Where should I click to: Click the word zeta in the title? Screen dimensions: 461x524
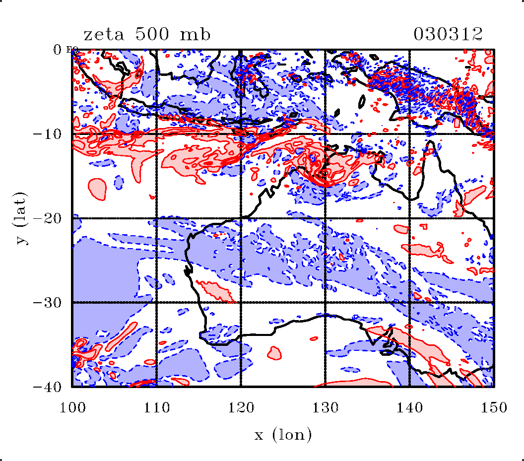103,35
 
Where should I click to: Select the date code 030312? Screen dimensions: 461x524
448,35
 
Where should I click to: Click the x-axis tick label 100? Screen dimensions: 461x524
72,408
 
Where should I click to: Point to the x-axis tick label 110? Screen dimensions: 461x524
157,408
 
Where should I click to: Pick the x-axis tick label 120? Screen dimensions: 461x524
241,408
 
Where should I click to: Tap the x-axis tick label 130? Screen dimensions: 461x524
325,408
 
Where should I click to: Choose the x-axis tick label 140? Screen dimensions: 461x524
409,408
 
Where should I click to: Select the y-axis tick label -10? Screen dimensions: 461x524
48,134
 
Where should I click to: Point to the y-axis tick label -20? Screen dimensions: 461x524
48,218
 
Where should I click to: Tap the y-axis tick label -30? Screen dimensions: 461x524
48,302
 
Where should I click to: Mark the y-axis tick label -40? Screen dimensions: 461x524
48,387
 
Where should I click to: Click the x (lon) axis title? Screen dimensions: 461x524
283,436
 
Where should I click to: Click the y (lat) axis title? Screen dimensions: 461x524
21,218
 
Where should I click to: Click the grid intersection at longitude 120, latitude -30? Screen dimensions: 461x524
241,302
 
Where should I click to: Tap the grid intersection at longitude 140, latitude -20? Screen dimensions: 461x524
409,218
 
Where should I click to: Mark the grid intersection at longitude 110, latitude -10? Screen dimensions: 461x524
157,134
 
